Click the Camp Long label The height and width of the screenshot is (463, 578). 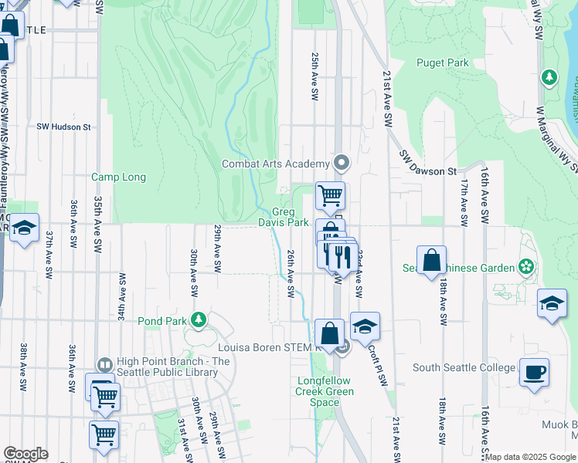point(118,177)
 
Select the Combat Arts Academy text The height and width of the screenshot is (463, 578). point(276,164)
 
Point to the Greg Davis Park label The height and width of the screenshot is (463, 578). point(290,218)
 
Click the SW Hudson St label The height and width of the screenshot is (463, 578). point(63,127)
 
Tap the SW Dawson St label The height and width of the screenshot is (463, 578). point(428,163)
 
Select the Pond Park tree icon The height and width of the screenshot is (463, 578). point(199,319)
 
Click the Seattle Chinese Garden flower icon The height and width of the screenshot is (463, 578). point(526,267)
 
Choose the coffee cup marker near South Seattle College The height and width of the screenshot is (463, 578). point(535,373)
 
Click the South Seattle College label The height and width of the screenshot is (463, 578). point(464,367)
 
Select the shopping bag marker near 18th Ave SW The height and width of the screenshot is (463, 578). point(431,260)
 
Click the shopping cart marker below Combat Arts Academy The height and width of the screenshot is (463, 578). point(330,196)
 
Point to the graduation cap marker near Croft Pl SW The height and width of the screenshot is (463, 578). point(365,326)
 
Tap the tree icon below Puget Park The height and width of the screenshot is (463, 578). point(549,77)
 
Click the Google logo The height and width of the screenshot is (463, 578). point(25,454)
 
